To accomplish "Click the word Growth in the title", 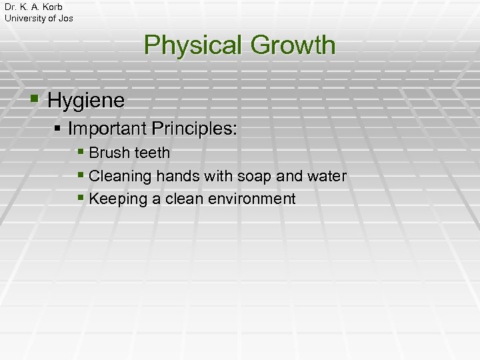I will click(x=293, y=46).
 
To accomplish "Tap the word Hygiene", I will click(x=86, y=101).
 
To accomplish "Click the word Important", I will click(x=108, y=128).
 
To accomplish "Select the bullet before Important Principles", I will click(x=59, y=127).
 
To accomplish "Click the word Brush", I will click(x=109, y=153).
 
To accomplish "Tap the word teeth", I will click(x=152, y=153).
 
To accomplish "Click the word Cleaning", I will click(x=120, y=176).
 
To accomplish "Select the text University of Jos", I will click(x=39, y=18).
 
